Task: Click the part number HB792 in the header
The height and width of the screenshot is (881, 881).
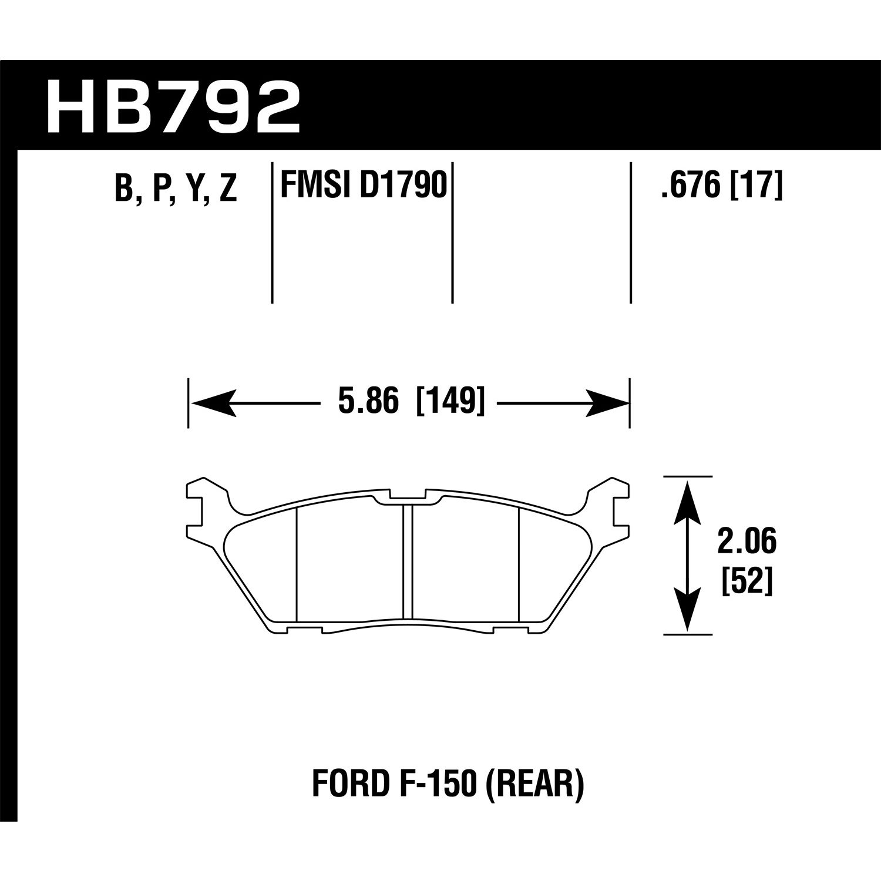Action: (x=173, y=107)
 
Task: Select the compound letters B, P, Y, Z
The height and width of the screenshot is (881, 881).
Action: (x=176, y=188)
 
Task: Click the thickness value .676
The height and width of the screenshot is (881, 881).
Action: (x=690, y=187)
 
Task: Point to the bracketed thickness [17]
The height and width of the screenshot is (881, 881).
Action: (x=757, y=187)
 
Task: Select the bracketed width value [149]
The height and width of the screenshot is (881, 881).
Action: (x=450, y=403)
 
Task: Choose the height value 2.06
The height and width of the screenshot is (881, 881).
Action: (x=747, y=542)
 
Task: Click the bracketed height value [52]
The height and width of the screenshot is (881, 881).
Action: (x=747, y=581)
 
